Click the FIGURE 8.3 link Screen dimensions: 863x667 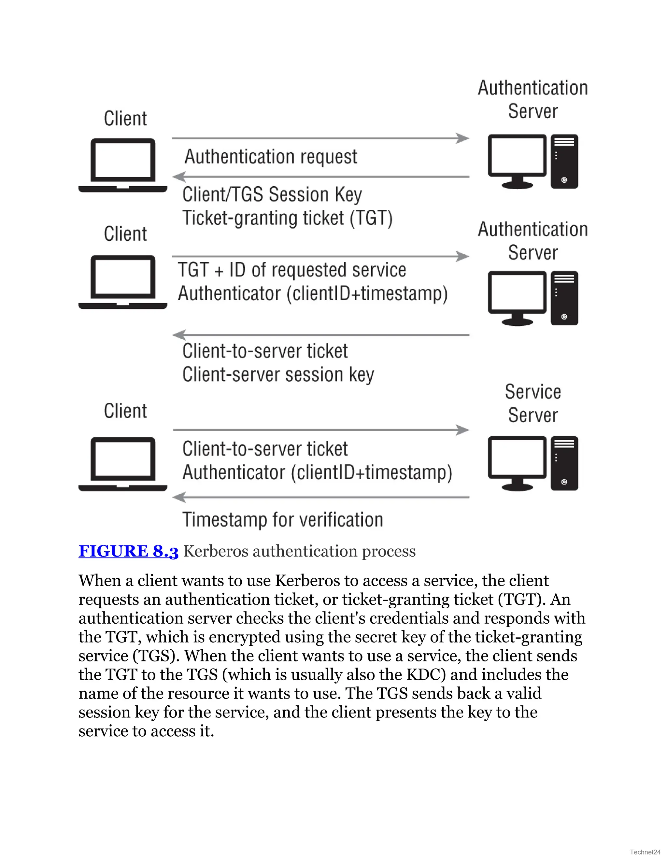point(128,551)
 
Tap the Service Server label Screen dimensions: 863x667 point(532,403)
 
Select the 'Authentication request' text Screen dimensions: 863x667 point(271,156)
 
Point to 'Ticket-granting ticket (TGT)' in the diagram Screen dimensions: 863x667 point(287,218)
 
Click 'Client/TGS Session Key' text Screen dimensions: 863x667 point(272,194)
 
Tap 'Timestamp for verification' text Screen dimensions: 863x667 point(282,520)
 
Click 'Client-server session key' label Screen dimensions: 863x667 point(278,375)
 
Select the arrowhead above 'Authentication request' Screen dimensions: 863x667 point(462,138)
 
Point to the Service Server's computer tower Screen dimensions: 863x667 point(564,463)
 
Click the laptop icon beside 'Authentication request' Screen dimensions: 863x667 point(123,165)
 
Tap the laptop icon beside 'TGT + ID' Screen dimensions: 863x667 point(123,282)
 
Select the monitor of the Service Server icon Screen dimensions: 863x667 point(517,459)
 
